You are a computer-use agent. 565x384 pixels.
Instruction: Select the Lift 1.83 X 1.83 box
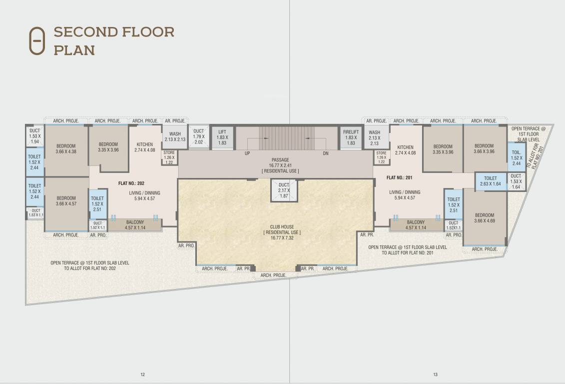pyautogui.click(x=222, y=137)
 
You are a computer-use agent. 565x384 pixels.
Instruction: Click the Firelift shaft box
pyautogui.click(x=351, y=137)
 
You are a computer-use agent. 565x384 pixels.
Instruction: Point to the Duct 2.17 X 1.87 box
pyautogui.click(x=284, y=190)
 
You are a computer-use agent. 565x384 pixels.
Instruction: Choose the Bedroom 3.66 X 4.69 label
pyautogui.click(x=485, y=218)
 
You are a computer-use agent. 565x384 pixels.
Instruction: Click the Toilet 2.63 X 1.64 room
pyautogui.click(x=490, y=181)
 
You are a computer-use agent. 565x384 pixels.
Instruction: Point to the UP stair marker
pyautogui.click(x=247, y=153)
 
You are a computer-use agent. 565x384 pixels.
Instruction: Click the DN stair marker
pyautogui.click(x=326, y=153)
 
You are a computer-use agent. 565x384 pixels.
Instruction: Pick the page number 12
pyautogui.click(x=142, y=374)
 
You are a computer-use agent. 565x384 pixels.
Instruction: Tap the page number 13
pyautogui.click(x=435, y=374)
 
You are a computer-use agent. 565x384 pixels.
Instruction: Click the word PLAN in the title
pyautogui.click(x=74, y=50)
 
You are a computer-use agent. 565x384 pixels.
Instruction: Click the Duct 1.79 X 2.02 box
pyautogui.click(x=199, y=137)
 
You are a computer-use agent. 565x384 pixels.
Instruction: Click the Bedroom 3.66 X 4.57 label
pyautogui.click(x=65, y=200)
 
